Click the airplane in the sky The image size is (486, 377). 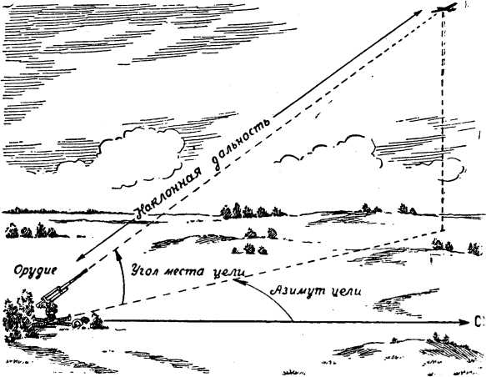click(444, 8)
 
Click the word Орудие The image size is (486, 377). click(36, 271)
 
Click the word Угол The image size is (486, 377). click(143, 271)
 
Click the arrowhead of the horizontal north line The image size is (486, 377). click(463, 322)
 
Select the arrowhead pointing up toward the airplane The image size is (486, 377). click(417, 13)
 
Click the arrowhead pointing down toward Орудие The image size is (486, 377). click(82, 257)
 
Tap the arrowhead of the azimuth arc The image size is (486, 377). click(238, 281)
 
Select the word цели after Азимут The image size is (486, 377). click(346, 292)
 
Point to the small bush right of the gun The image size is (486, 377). click(98, 321)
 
